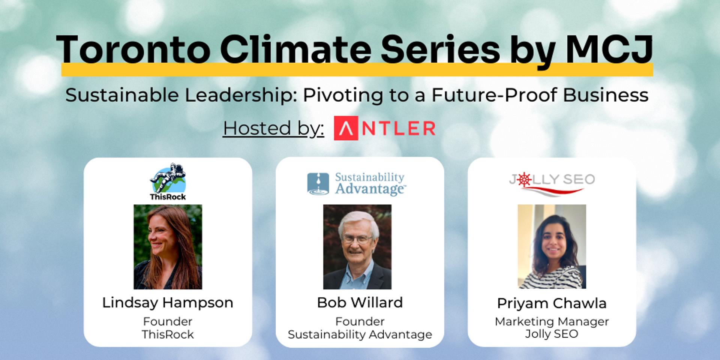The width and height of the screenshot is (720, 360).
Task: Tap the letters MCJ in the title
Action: (x=609, y=49)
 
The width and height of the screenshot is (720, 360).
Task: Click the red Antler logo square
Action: (x=346, y=128)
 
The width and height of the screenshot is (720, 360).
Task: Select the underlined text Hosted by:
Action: (x=273, y=128)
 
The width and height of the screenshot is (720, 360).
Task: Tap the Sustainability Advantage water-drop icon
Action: (x=318, y=184)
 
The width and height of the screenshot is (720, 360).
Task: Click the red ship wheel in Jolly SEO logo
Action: (x=524, y=180)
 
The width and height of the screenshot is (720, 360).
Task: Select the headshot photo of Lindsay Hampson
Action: (x=168, y=247)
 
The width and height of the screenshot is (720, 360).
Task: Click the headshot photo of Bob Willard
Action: (x=357, y=247)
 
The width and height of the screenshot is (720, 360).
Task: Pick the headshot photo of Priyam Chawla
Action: (x=552, y=246)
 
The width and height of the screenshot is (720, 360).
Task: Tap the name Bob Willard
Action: (x=360, y=303)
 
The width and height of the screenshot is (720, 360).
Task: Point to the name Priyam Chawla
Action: (x=552, y=303)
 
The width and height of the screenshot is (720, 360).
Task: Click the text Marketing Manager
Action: (x=552, y=322)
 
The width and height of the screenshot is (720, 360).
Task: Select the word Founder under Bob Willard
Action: (x=360, y=321)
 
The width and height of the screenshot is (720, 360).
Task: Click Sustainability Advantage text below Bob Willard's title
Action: (x=360, y=334)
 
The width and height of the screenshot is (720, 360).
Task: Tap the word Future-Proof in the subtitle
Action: (x=495, y=95)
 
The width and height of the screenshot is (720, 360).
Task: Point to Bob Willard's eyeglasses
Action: (x=357, y=239)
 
